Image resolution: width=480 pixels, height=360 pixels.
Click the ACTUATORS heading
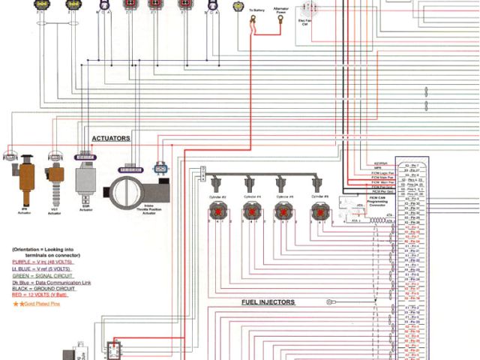click(x=111, y=139)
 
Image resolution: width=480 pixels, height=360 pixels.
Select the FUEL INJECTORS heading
click(x=268, y=302)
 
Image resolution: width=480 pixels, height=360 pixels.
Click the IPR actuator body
click(x=26, y=177)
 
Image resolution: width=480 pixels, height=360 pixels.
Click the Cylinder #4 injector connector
click(x=250, y=212)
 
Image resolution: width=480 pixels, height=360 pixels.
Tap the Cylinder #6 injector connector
click(x=283, y=212)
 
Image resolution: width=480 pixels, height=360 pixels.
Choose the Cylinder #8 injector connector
click(x=318, y=212)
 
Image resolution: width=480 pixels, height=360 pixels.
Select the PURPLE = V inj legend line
click(x=38, y=262)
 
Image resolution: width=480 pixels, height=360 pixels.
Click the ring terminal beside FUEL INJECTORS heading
click(x=329, y=302)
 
